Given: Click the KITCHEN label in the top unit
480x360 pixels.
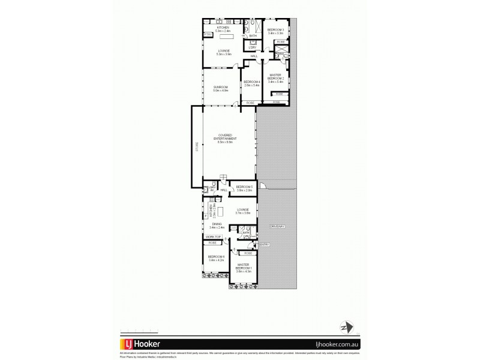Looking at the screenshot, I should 223,28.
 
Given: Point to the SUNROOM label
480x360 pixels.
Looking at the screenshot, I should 220,88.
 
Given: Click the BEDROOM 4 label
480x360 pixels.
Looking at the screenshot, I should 251,82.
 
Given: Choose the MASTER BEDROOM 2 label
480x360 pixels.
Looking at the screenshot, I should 275,76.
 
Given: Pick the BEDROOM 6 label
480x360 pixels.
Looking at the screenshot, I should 215,256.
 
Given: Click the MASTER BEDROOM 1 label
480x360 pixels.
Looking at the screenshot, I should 244,266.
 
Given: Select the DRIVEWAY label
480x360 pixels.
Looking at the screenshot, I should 277,226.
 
